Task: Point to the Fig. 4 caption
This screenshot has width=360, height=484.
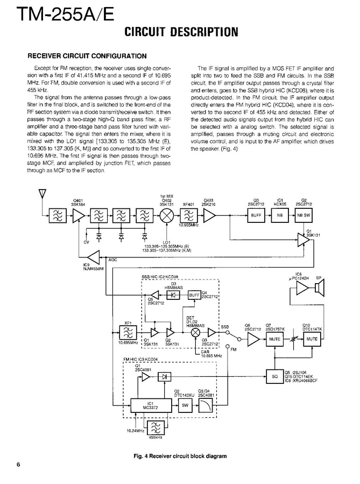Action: click(180, 456)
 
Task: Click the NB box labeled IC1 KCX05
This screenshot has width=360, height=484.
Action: click(279, 215)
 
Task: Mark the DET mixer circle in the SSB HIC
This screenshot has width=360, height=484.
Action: click(195, 332)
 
